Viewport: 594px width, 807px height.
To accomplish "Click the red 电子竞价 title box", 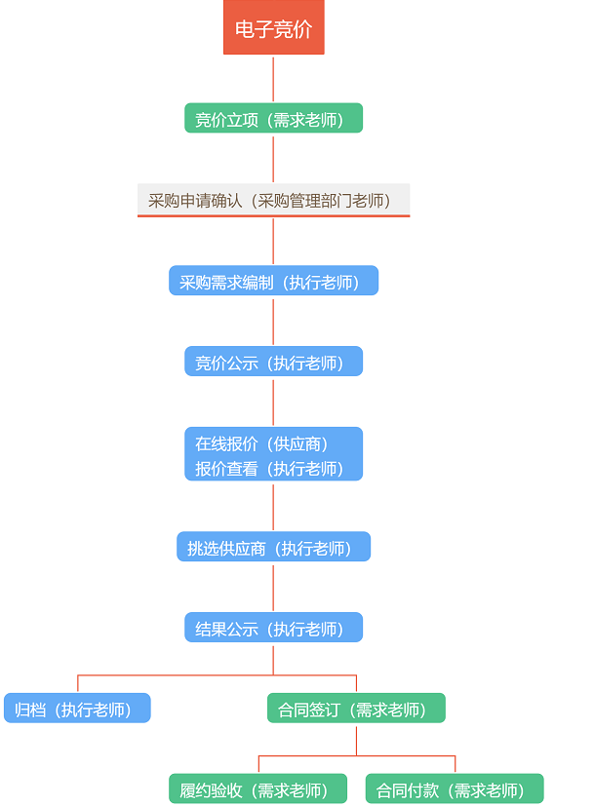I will pos(273,28).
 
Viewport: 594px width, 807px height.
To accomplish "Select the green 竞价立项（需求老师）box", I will pos(273,119).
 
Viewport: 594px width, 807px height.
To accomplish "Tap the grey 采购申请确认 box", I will pos(273,201).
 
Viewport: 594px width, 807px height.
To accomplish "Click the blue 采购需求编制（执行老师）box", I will pos(273,282).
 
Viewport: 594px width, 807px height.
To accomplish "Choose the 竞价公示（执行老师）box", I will pos(273,363).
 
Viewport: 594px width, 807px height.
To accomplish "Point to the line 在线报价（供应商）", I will pos(261,443).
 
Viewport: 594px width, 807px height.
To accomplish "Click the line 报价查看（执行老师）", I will pos(269,468).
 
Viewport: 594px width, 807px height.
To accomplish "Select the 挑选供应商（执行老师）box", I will pos(273,548).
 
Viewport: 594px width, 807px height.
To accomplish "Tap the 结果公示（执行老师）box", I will pos(273,629).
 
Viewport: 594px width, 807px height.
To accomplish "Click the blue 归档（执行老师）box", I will pos(77,709).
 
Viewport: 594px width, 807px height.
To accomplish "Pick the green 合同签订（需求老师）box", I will pos(356,709).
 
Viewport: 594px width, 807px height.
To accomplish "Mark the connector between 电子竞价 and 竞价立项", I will pos(273,79).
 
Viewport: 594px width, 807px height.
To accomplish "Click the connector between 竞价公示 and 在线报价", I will pos(273,402).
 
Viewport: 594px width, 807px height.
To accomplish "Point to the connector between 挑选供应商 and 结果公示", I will pos(273,587).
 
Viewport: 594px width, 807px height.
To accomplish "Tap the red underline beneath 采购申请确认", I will pos(273,215).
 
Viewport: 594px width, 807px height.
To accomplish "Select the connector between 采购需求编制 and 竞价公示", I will pos(273,321).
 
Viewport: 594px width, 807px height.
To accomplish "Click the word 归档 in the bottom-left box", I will pos(30,709).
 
